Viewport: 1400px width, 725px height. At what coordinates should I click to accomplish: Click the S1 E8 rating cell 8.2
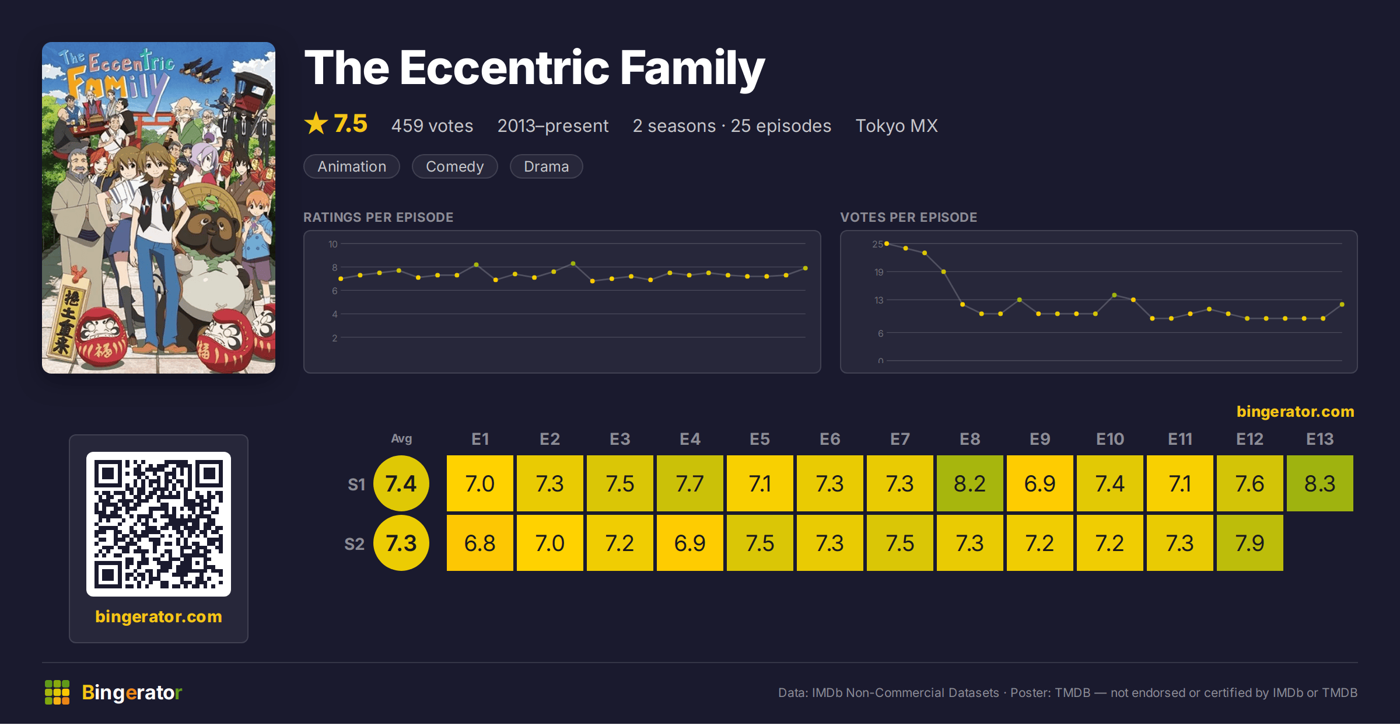coord(970,483)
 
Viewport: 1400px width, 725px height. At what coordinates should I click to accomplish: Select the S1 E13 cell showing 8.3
coord(1319,483)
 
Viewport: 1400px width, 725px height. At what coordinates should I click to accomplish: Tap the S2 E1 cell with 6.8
coord(480,543)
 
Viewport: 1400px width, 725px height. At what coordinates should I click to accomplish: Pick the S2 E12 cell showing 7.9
coord(1249,543)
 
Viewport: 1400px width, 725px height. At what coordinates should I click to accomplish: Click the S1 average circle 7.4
coord(401,483)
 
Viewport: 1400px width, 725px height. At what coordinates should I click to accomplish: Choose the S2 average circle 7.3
coord(401,543)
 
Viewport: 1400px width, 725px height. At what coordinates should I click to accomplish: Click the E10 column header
coord(1109,439)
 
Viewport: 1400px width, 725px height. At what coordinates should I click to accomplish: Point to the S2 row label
coord(354,544)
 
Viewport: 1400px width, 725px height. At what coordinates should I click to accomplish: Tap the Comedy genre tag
coord(454,166)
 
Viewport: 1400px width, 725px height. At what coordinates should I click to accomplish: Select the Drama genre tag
coord(546,166)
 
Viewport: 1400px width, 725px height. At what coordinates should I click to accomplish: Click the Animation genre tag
coord(352,166)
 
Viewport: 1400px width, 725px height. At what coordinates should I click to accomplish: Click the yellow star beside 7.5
coord(316,123)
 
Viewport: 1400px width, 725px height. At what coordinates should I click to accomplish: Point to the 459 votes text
coord(432,126)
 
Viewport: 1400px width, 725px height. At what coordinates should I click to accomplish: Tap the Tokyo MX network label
coord(897,126)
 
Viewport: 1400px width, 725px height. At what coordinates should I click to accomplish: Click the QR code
coord(159,524)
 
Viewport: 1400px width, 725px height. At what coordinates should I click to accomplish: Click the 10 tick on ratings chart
coord(333,244)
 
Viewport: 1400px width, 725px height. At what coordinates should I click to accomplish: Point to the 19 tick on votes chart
coord(879,272)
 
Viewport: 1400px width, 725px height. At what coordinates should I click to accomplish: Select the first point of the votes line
coord(887,243)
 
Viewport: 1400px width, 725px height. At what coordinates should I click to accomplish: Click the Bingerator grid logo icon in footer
coord(57,692)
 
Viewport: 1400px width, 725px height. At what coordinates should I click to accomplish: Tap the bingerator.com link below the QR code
coord(159,616)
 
